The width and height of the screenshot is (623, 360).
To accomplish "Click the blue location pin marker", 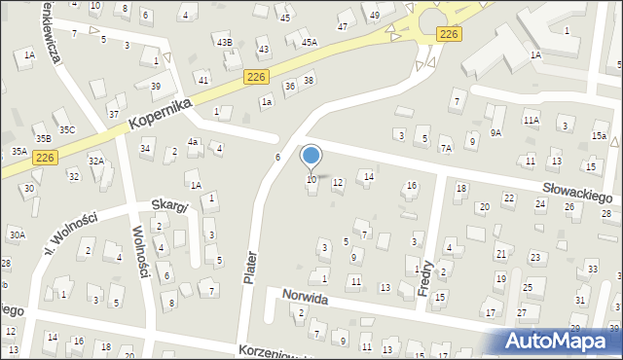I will pyautogui.click(x=311, y=156).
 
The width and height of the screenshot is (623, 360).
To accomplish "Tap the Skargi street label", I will pyautogui.click(x=169, y=205).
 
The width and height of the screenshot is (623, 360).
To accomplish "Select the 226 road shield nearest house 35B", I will pyautogui.click(x=45, y=157).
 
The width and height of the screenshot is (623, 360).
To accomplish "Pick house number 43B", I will pyautogui.click(x=225, y=43).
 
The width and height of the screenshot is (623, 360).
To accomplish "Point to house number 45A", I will pyautogui.click(x=310, y=43).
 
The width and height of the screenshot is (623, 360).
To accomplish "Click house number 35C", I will pyautogui.click(x=66, y=129).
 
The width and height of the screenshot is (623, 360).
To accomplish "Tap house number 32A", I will pyautogui.click(x=95, y=161).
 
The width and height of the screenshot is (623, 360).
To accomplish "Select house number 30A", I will pyautogui.click(x=17, y=234).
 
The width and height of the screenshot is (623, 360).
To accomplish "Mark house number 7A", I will pyautogui.click(x=446, y=149).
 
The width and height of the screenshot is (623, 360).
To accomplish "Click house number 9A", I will pyautogui.click(x=495, y=132).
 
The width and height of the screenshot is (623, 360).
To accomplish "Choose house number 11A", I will pyautogui.click(x=531, y=120).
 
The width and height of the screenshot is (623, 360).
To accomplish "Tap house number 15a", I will pyautogui.click(x=599, y=136).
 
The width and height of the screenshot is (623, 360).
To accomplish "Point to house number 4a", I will pyautogui.click(x=193, y=142).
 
